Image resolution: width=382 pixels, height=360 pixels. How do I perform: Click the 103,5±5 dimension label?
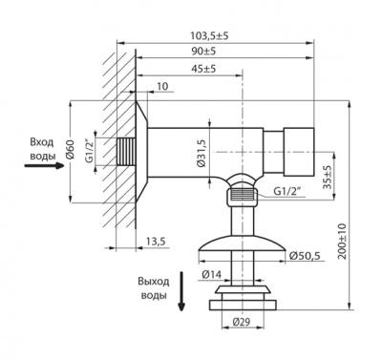[x=209, y=35]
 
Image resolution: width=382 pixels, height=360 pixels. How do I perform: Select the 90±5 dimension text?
[x=203, y=52]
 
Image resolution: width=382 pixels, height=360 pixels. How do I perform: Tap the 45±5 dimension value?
[x=203, y=69]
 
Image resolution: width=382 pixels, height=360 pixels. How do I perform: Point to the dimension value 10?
[x=162, y=86]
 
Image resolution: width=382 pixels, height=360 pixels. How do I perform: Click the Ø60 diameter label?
[x=71, y=150]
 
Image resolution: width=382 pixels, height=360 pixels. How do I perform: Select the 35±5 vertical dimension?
[x=327, y=177]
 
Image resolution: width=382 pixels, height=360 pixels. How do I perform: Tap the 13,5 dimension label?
[x=156, y=242]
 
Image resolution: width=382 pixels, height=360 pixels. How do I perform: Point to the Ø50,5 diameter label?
[x=305, y=256]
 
